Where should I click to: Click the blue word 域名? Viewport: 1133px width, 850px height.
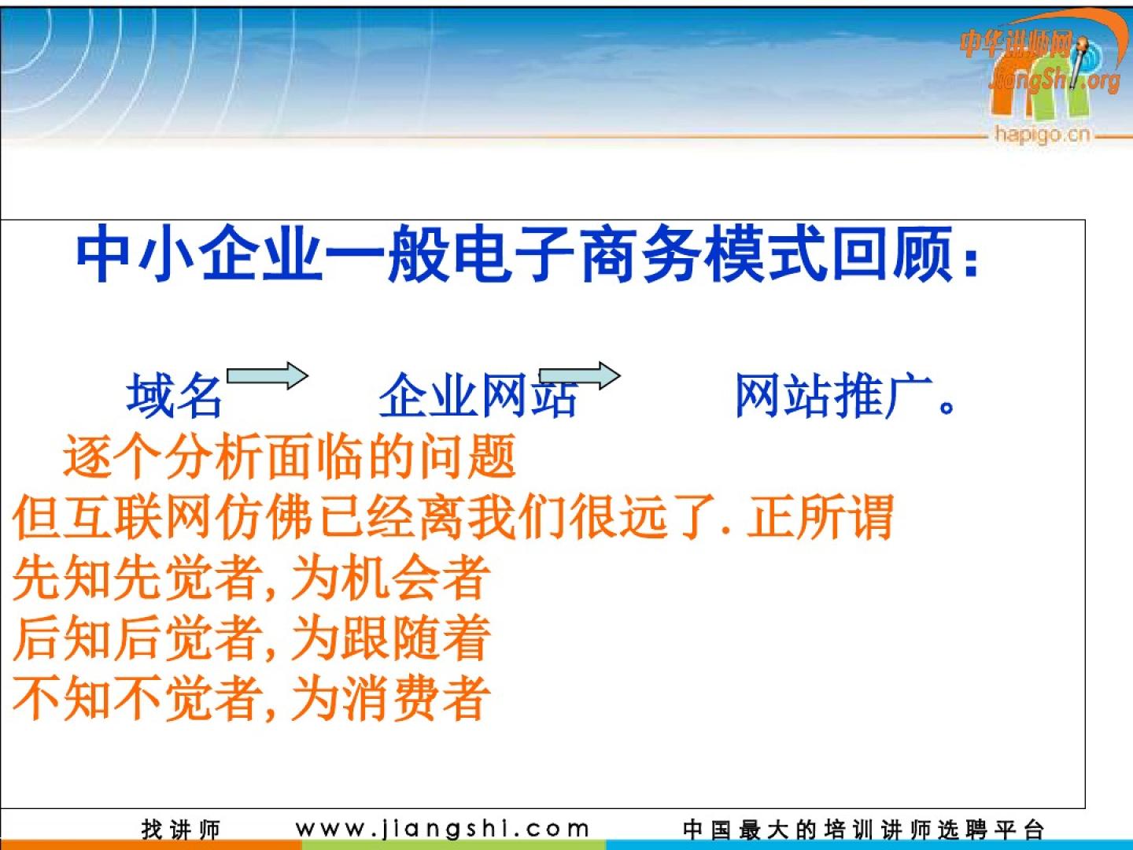tap(174, 395)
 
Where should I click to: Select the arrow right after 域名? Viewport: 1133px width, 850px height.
tap(268, 375)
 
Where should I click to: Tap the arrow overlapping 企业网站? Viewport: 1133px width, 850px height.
tap(580, 375)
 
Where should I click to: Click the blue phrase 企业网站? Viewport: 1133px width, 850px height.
tap(478, 395)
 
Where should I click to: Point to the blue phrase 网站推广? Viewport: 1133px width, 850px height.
tap(833, 395)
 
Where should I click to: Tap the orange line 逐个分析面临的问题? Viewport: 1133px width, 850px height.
tap(290, 456)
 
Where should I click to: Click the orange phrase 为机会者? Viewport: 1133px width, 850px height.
tap(389, 577)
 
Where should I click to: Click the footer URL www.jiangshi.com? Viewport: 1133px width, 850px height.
tap(442, 830)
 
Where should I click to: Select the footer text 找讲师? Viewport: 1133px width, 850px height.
tap(181, 830)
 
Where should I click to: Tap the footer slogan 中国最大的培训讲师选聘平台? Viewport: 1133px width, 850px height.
tap(864, 830)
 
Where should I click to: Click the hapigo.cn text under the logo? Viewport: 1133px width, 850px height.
tap(1043, 134)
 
